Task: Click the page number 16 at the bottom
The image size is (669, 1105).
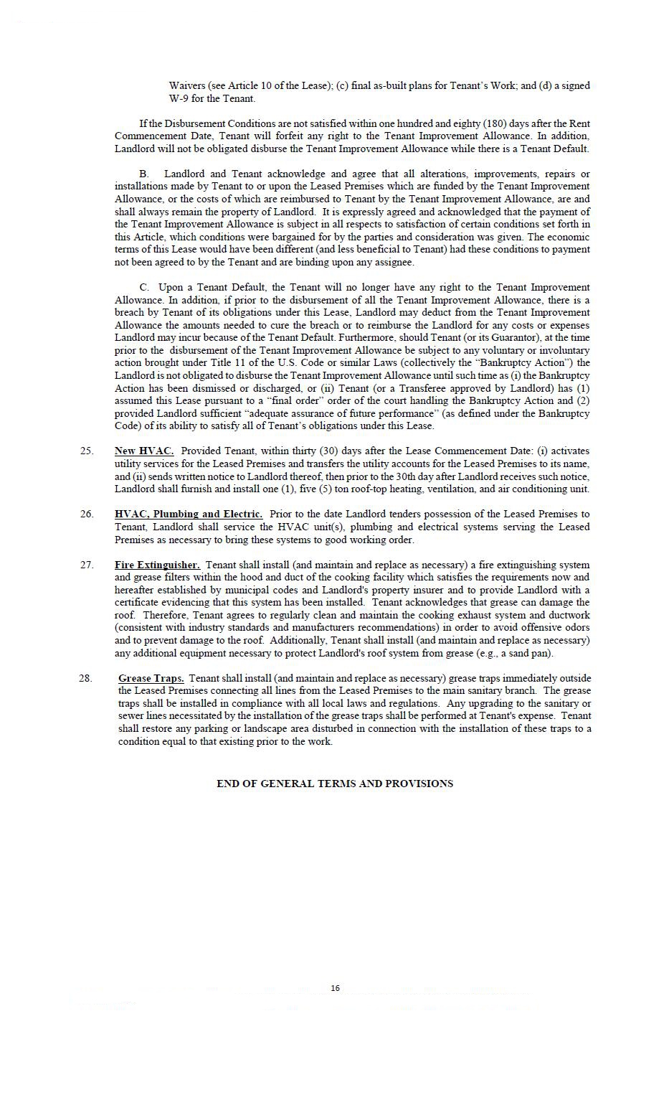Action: point(335,988)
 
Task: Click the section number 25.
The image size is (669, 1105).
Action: point(87,451)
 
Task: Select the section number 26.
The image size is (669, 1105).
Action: point(87,514)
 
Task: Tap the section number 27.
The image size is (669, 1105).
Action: point(87,565)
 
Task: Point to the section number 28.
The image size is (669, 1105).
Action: point(86,678)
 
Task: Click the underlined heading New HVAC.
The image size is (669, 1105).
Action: point(144,451)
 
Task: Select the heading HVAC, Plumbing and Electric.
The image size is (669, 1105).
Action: point(189,514)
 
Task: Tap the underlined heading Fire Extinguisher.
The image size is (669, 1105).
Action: point(157,565)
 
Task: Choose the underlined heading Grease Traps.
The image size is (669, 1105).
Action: point(151,678)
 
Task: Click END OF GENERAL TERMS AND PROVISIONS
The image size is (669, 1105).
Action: point(335,784)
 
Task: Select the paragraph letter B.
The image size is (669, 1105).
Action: point(143,174)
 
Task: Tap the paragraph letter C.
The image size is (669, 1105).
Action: point(144,287)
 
